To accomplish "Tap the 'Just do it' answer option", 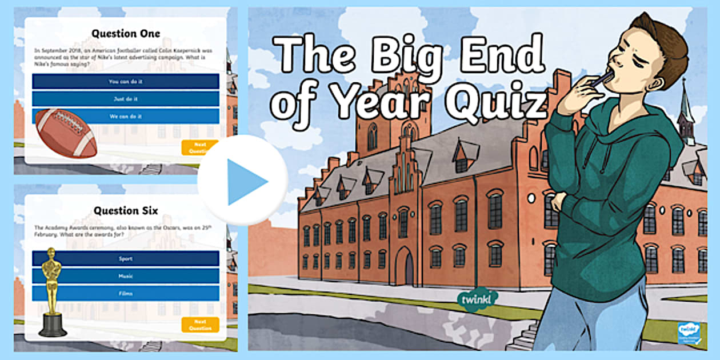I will [126, 99].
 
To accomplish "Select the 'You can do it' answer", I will [126, 82].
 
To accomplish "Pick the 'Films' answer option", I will [126, 293].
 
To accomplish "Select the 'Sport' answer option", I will [126, 259].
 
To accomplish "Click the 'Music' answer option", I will [126, 276].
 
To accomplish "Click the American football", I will [65, 133].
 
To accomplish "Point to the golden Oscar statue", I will [53, 291].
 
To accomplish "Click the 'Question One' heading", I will [126, 33].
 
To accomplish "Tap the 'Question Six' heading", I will [126, 210].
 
